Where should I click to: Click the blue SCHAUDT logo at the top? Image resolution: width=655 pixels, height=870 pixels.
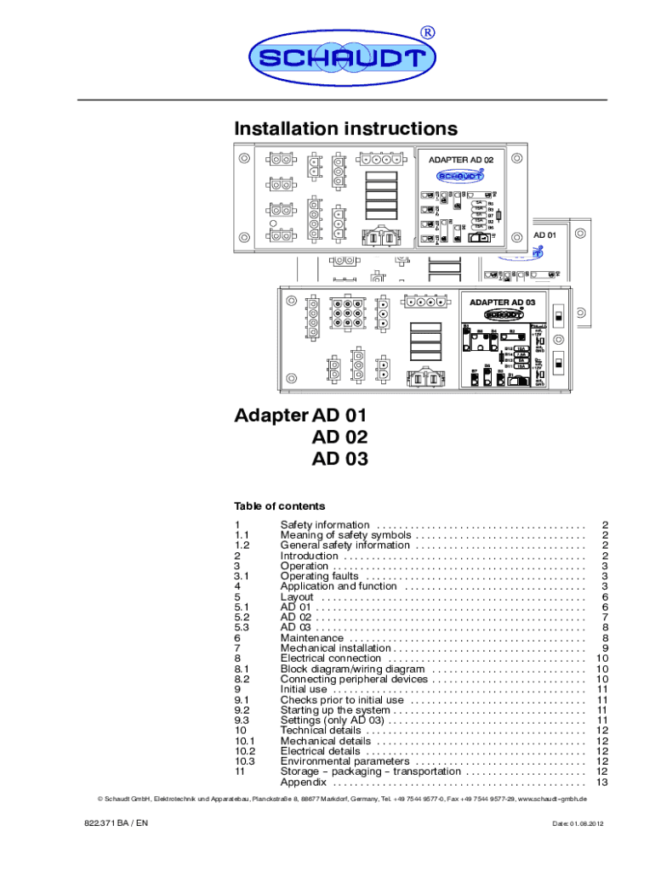(342, 59)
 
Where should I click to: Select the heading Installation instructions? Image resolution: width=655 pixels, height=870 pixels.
(345, 129)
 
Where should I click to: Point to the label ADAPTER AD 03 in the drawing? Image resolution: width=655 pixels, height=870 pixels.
(501, 302)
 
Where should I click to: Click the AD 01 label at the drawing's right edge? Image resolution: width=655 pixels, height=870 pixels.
(544, 234)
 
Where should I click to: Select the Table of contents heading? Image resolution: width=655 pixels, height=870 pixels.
(279, 506)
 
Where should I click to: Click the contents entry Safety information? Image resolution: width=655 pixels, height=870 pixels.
(325, 525)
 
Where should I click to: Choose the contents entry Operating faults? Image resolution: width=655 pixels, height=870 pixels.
(319, 576)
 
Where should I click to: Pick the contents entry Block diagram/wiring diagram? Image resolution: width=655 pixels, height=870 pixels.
(352, 669)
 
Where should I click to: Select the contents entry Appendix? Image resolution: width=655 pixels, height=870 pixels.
(303, 782)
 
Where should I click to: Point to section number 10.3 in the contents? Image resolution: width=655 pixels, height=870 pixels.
(245, 761)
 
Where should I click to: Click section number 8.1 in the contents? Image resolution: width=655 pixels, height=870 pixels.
(242, 669)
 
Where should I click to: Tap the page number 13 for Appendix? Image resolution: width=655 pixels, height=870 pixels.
(602, 782)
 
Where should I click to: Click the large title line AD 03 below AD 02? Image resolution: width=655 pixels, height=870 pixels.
(339, 459)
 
